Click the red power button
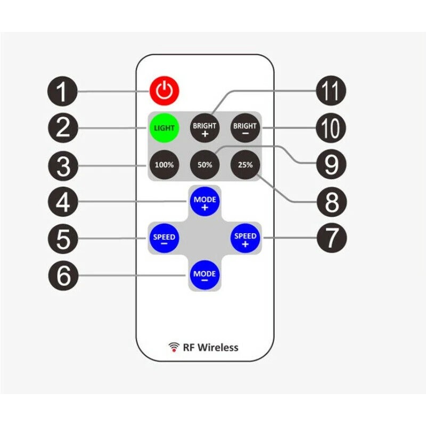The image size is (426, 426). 165,91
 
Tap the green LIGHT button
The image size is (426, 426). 164,128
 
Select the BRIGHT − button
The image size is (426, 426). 244,128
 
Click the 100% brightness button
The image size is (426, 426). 164,165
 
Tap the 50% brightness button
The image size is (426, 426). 205,165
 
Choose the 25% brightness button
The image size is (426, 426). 245,165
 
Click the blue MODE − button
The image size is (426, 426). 205,275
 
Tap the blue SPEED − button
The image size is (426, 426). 164,238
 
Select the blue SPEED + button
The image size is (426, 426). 245,238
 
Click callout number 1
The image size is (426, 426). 63,92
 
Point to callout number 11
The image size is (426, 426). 331,92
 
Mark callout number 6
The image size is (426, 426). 63,276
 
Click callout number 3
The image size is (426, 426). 63,165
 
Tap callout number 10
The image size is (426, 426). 331,128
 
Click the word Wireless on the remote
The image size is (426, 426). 218,348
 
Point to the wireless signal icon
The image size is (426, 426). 174,348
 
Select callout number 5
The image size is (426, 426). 63,239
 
